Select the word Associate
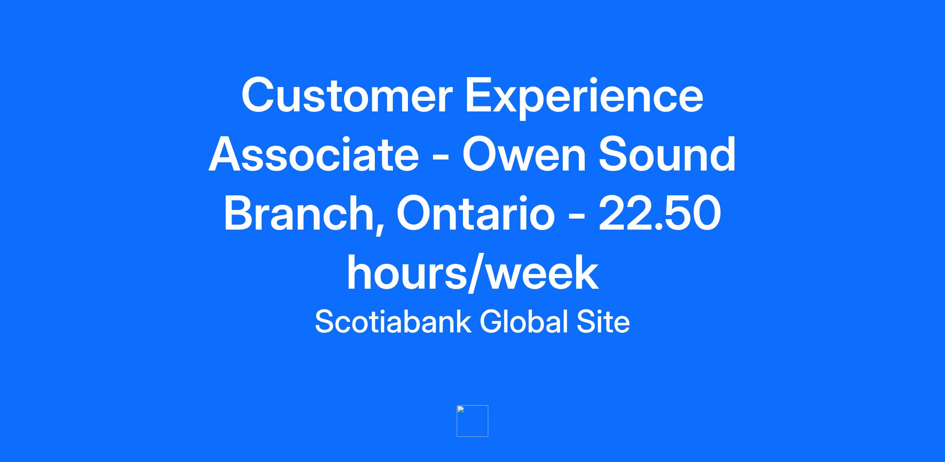313,154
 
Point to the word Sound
667,154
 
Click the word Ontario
475,213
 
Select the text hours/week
472,272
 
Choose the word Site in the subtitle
603,321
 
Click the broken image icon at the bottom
472,421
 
